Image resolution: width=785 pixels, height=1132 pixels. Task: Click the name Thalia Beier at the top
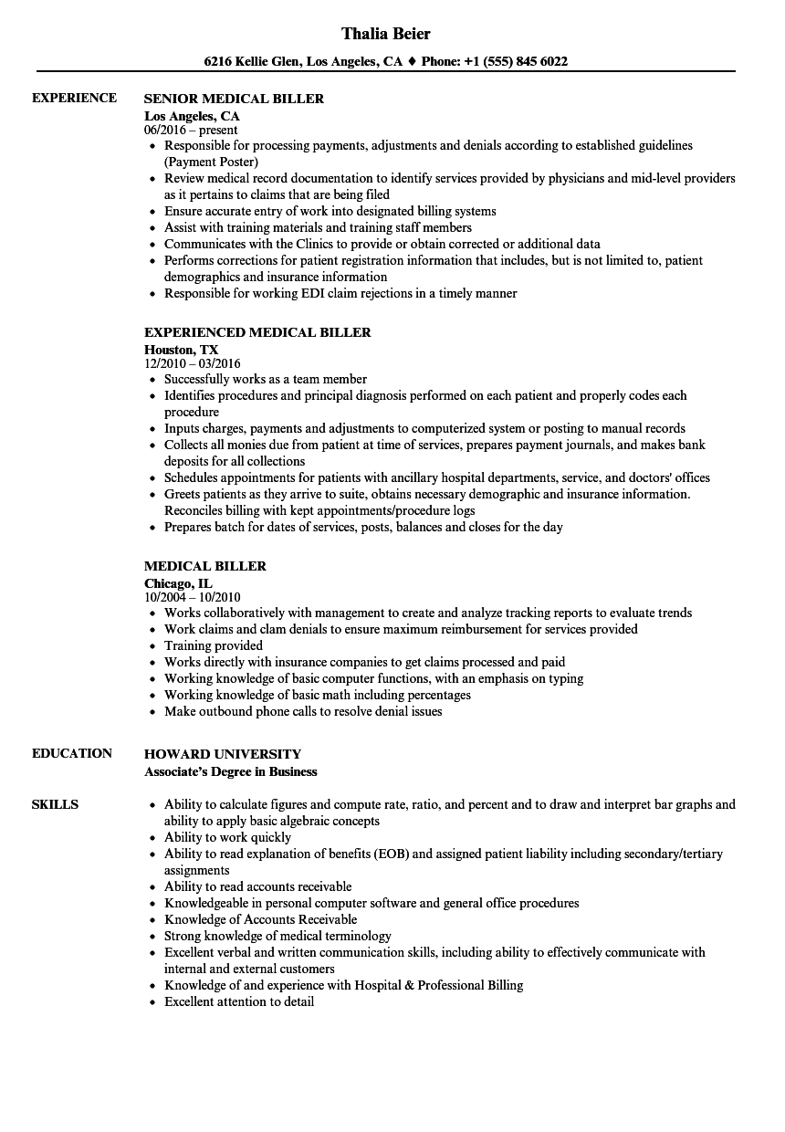386,34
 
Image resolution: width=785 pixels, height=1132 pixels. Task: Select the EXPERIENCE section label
74,98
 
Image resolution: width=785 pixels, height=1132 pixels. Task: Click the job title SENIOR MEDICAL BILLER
235,99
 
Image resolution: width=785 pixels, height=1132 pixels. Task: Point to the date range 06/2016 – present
191,130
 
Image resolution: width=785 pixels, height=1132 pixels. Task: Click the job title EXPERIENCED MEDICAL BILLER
257,332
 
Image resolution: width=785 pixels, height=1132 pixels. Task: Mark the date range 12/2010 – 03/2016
193,363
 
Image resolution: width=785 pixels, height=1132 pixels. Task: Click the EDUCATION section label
72,753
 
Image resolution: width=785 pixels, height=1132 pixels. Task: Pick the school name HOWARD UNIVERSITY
223,754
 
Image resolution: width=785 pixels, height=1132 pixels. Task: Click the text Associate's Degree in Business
231,771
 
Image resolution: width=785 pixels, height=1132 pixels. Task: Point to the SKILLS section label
55,804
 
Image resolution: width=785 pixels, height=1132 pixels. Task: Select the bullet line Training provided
214,645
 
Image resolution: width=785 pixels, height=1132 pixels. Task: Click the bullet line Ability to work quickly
227,837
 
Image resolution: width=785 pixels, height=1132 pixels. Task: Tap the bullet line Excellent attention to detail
239,1001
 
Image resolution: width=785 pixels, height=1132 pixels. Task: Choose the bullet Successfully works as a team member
266,379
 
